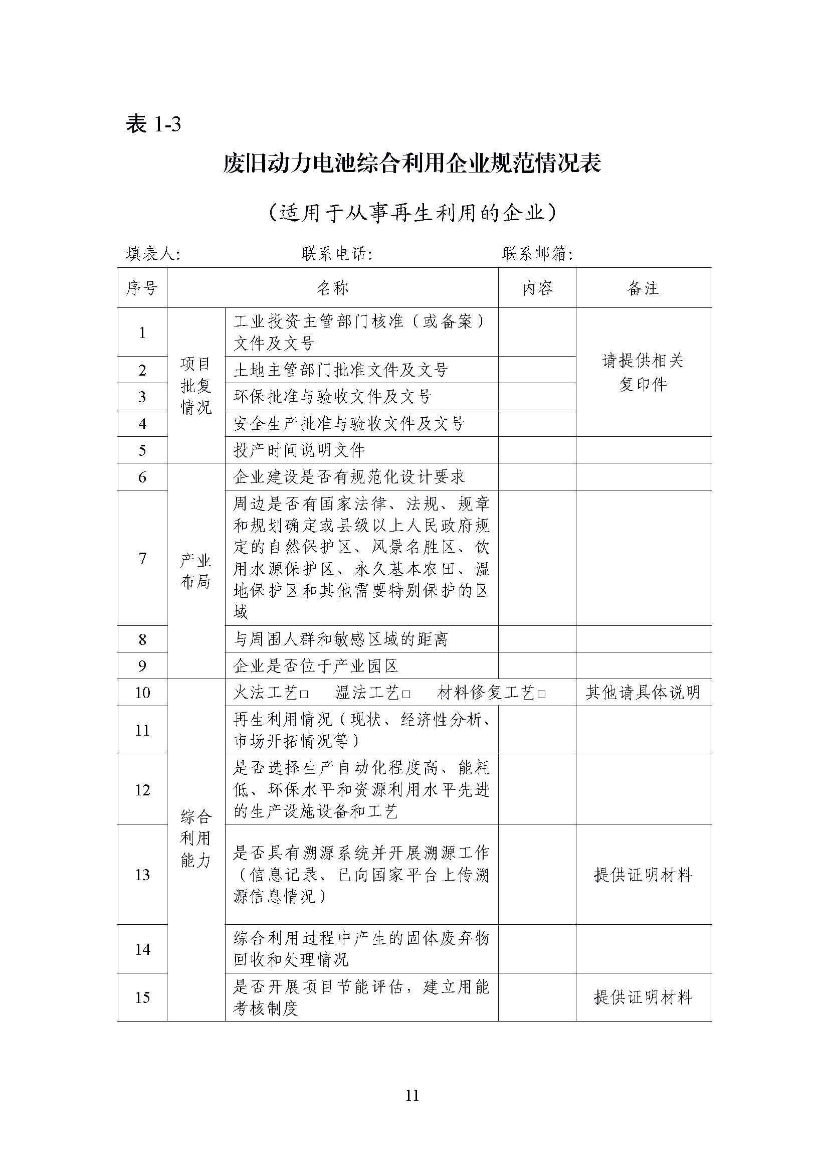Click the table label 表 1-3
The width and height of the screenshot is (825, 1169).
(153, 124)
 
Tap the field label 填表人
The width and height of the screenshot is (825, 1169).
(152, 254)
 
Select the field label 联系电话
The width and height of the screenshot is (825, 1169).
(336, 254)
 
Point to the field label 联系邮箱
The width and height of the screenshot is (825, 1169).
(537, 254)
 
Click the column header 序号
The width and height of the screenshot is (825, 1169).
(142, 288)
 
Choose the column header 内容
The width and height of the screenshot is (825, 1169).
(537, 288)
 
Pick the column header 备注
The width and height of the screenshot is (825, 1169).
(643, 288)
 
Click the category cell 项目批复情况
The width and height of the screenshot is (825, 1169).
(196, 386)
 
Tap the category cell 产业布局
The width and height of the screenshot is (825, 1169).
(196, 571)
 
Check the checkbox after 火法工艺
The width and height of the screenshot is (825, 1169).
(304, 695)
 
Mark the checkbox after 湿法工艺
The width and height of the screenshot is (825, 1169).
(406, 695)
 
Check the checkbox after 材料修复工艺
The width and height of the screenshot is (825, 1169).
(541, 695)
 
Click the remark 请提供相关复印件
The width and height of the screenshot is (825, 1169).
(643, 372)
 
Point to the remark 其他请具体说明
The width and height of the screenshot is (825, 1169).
(643, 693)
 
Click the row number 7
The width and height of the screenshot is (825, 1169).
(142, 558)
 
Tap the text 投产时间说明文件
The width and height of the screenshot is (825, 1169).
(299, 450)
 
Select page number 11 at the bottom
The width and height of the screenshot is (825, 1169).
(412, 1095)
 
